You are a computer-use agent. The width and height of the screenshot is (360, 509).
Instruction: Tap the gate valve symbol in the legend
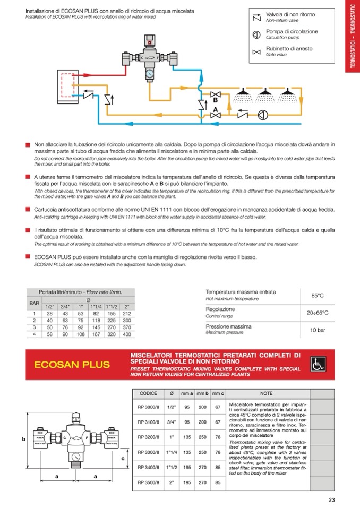(257, 51)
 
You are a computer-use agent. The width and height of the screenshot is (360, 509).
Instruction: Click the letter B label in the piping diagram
(216, 100)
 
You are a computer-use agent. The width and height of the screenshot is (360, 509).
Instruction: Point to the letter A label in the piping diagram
(215, 109)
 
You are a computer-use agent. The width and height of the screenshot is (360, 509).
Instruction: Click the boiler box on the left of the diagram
(69, 85)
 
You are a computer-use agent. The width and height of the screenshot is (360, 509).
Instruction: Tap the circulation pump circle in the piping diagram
(262, 114)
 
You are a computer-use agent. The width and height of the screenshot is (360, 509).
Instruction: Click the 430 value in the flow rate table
(126, 335)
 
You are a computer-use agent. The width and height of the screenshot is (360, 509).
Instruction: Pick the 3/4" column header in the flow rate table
(65, 306)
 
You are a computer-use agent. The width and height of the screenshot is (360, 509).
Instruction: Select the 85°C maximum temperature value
(318, 295)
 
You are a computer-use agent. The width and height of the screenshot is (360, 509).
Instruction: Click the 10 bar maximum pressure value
(318, 330)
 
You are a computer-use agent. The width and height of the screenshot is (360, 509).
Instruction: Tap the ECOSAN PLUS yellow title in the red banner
(72, 365)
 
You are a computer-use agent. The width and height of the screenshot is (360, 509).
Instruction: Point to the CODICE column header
(148, 393)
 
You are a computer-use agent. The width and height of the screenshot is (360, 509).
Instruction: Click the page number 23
(331, 499)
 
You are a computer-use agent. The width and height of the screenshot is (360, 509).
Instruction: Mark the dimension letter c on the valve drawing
(122, 458)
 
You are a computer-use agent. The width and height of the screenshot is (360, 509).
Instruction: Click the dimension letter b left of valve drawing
(23, 439)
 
